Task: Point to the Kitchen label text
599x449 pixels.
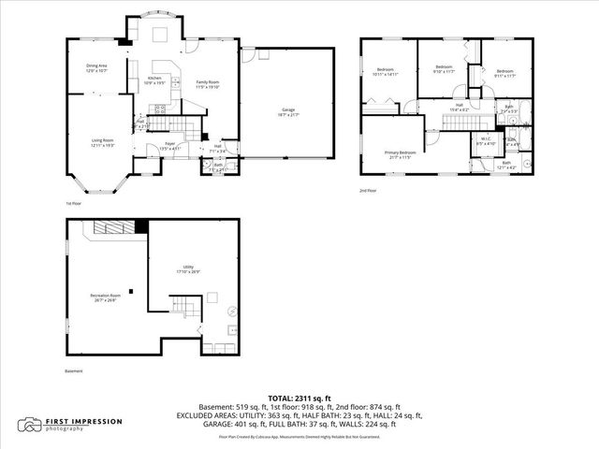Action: pyautogui.click(x=154, y=80)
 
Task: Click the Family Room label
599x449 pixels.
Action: pyautogui.click(x=207, y=84)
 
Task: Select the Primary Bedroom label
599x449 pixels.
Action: pyautogui.click(x=398, y=154)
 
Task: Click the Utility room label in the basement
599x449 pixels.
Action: pyautogui.click(x=189, y=270)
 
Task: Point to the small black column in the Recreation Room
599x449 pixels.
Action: pyautogui.click(x=133, y=291)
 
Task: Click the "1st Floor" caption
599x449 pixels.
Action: pyautogui.click(x=72, y=203)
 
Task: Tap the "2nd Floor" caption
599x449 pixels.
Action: pyautogui.click(x=368, y=191)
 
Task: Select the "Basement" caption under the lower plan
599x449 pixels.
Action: pyautogui.click(x=73, y=371)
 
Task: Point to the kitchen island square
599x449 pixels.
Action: pyautogui.click(x=160, y=35)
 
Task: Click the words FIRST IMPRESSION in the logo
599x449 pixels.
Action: pyautogui.click(x=85, y=422)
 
